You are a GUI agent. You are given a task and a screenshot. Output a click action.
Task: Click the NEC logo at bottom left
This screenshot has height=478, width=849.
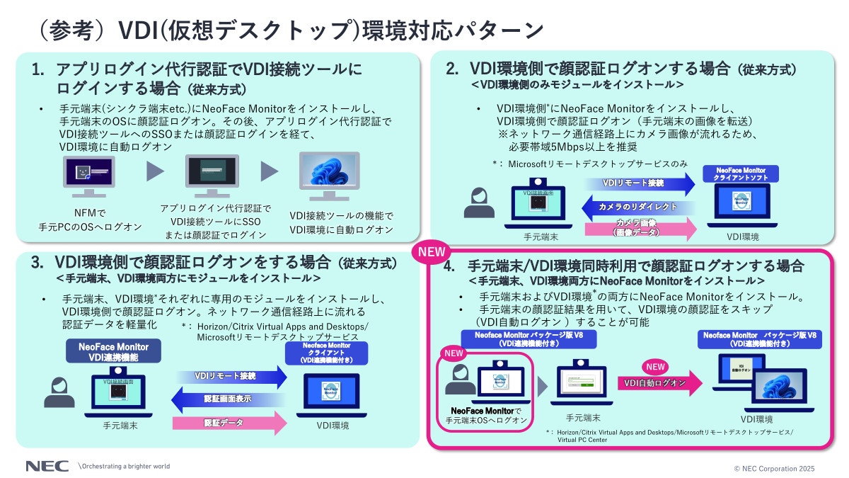coord(47,467)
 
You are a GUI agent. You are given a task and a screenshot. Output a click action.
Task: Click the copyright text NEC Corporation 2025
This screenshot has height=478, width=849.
coord(774,468)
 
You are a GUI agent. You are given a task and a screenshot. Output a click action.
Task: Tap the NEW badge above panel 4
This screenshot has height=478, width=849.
coord(430,252)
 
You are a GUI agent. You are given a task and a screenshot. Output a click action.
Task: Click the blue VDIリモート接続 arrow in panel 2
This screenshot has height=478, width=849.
coord(640,184)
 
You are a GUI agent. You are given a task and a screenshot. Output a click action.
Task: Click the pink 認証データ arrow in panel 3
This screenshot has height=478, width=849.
coord(230,423)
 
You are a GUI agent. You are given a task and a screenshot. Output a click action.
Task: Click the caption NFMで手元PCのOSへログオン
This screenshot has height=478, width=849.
coord(90,219)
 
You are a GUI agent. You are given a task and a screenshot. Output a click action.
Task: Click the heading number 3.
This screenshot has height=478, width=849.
coord(37,263)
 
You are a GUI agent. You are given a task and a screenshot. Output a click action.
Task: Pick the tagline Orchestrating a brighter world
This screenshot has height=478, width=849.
coord(124,467)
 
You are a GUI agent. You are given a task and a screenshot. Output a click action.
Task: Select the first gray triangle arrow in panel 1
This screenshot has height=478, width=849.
coord(156,172)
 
